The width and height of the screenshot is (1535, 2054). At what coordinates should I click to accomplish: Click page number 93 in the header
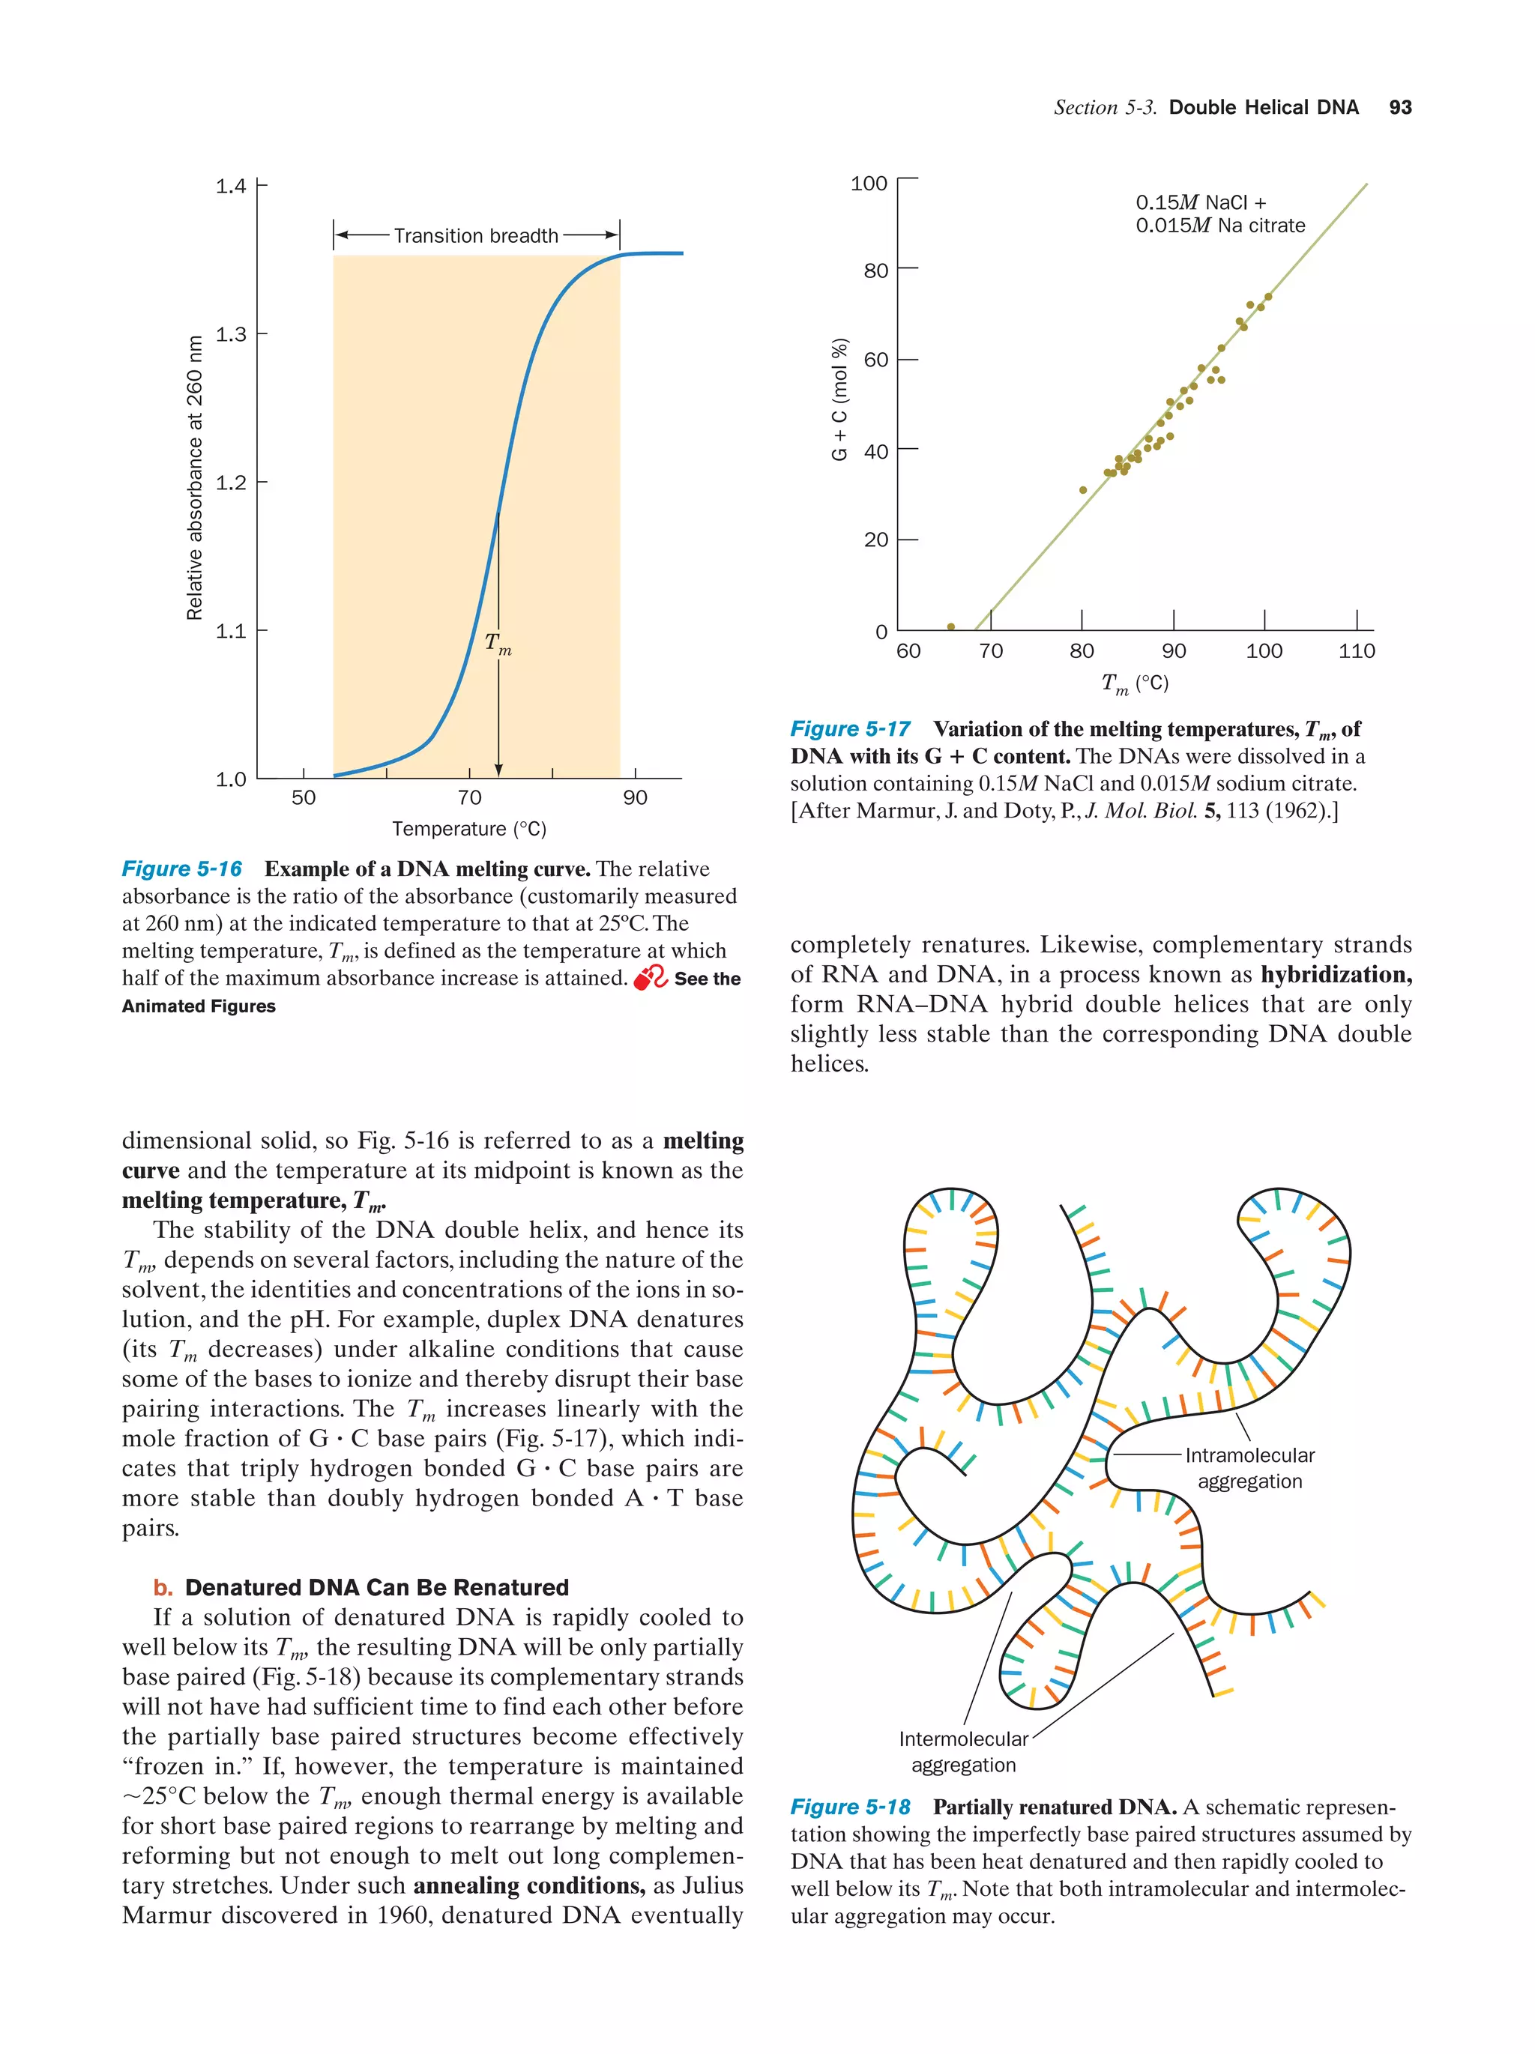(1399, 108)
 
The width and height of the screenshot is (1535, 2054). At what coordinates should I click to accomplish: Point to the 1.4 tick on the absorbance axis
(232, 186)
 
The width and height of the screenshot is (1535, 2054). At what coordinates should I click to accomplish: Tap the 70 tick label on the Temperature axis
(469, 797)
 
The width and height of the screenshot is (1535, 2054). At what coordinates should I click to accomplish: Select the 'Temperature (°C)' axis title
(469, 828)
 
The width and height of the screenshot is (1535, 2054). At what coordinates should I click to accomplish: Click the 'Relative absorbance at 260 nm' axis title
(194, 477)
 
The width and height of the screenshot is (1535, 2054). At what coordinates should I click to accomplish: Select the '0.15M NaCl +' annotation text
(1200, 202)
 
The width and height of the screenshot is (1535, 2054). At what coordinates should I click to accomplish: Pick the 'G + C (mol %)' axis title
(839, 399)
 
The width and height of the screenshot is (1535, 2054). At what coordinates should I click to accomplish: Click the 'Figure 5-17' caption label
(850, 729)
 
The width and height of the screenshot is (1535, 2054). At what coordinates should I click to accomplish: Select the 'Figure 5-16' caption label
(182, 869)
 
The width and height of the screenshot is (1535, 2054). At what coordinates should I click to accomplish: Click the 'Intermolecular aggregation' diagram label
(963, 1751)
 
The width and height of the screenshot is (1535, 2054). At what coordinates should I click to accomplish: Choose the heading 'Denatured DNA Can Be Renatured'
(376, 1587)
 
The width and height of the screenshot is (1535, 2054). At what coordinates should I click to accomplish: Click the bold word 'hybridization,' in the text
(1336, 974)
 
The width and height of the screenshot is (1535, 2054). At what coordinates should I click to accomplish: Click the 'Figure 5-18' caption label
(850, 1807)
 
